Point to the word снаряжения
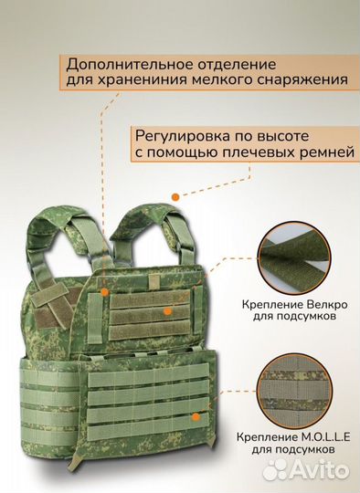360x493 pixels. coord(302,81)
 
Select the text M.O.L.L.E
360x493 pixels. coord(316,438)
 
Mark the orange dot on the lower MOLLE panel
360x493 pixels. coord(193,416)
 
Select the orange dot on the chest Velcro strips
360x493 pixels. coord(166,310)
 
